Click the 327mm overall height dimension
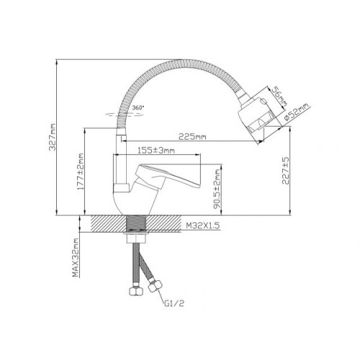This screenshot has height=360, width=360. [x=53, y=137]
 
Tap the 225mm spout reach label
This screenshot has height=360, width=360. [x=192, y=137]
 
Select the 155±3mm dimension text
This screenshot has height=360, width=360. [x=156, y=150]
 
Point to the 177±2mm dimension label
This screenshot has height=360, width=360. [x=81, y=171]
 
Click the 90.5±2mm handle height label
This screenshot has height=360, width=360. [x=217, y=189]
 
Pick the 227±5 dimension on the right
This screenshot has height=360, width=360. [x=286, y=171]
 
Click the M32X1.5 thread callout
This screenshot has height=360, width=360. [x=203, y=226]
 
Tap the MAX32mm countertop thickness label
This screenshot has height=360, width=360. [x=76, y=258]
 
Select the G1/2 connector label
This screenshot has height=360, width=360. [x=174, y=304]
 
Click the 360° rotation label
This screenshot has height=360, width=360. [x=138, y=107]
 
